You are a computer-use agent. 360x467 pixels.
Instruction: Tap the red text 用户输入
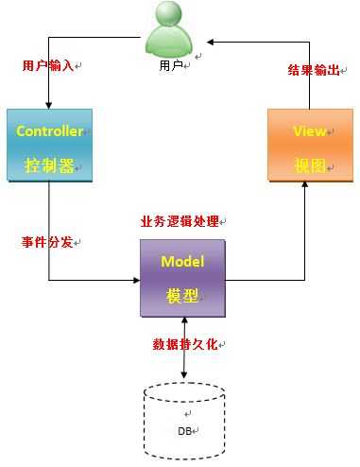pos(47,66)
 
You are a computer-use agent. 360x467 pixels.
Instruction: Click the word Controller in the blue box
pos(50,131)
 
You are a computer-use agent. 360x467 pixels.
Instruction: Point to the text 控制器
pos(49,165)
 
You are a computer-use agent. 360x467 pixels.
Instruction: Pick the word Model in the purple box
pos(182,261)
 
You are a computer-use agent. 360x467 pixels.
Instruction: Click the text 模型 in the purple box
pos(182,295)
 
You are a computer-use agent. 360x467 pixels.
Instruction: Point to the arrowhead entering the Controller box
pos(48,103)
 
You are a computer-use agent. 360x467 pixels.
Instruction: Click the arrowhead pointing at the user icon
pos(213,42)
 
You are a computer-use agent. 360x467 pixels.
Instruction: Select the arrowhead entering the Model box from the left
pos(134,280)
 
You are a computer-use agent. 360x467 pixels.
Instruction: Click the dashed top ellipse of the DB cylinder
pos(184,391)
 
